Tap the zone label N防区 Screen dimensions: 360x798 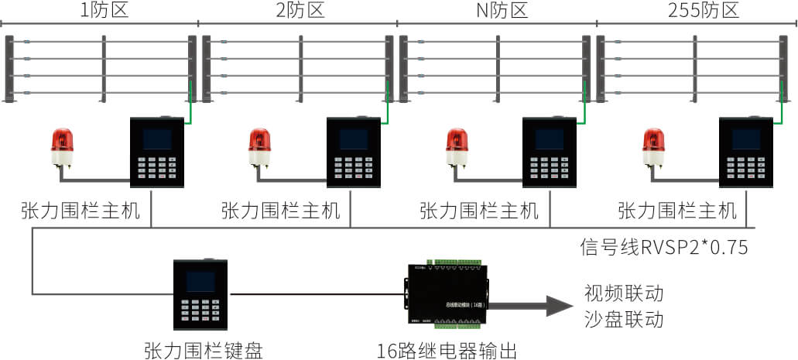coord(497,11)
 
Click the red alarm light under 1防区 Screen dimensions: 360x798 coord(62,147)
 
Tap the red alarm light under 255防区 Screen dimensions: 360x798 coord(653,147)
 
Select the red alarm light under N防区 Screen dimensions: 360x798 coord(457,147)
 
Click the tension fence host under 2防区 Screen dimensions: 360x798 coord(354,153)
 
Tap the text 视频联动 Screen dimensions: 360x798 coord(624,294)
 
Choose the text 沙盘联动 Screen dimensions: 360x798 coord(624,319)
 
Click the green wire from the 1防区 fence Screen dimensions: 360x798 coord(190,105)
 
